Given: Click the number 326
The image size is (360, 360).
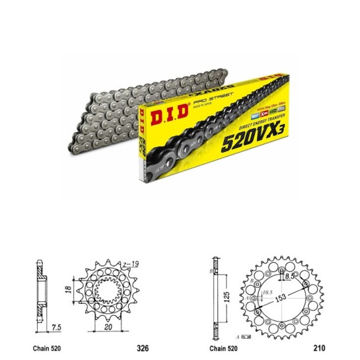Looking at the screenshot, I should click(141, 345).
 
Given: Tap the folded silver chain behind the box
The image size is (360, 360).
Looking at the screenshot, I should click(99, 106).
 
